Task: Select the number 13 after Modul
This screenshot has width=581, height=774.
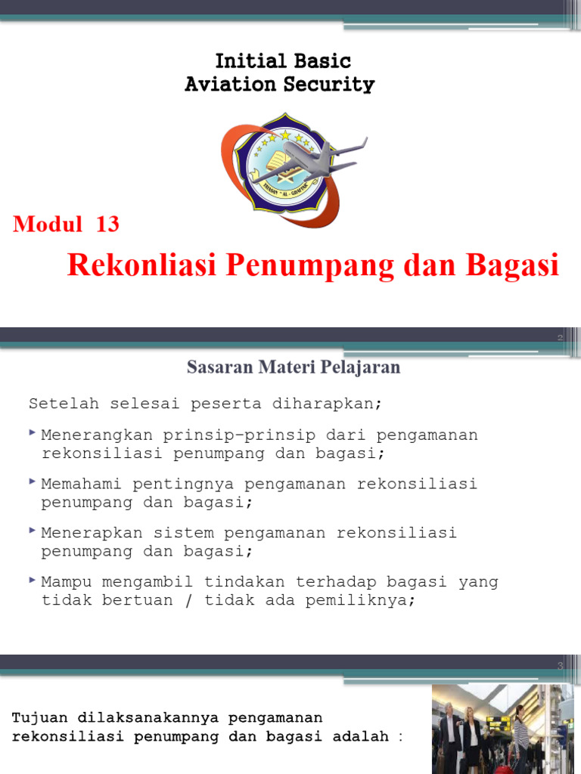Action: [107, 224]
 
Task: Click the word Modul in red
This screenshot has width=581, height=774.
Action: [48, 224]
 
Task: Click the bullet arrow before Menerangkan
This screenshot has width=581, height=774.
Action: [32, 433]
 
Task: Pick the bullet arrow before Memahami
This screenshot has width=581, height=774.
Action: [32, 481]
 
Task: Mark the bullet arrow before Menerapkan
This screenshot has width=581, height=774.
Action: [32, 531]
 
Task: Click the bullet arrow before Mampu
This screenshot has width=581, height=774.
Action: [32, 580]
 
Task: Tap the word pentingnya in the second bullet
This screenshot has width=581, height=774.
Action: [178, 484]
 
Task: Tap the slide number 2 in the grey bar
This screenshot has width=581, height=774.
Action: [561, 338]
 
